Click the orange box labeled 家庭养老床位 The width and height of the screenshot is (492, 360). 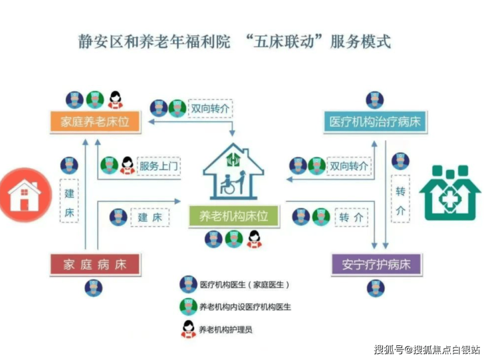tap(95, 122)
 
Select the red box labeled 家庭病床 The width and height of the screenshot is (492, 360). tap(95, 264)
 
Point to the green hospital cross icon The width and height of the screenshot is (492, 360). tap(449, 193)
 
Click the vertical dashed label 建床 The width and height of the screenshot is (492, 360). tap(69, 203)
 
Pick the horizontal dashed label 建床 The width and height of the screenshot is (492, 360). tap(150, 217)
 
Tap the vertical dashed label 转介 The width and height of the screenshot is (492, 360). tap(400, 201)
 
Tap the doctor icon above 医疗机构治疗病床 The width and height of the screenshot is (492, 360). tap(375, 100)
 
